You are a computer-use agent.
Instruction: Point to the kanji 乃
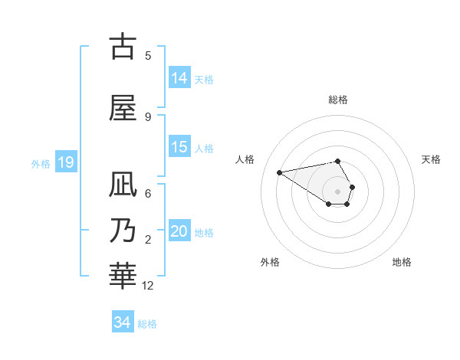point(123,231)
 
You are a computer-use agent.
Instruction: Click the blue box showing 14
point(179,78)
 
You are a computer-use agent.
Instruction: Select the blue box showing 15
point(179,147)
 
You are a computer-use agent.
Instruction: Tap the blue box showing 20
point(179,231)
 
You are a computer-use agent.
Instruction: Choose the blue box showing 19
point(65,162)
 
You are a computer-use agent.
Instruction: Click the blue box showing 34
point(123,322)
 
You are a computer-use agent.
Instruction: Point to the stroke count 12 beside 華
point(148,286)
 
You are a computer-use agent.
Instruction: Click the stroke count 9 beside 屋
point(148,117)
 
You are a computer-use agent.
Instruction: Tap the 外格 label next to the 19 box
point(40,163)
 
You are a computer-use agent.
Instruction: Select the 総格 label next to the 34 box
point(147,323)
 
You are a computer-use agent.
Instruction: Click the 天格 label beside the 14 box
point(203,79)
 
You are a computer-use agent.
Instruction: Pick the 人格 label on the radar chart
point(245,159)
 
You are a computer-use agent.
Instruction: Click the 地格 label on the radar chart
point(402,262)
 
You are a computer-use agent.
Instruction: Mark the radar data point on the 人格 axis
point(280,172)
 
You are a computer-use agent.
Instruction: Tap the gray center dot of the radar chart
point(337,191)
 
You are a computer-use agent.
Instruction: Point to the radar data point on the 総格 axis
point(337,161)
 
